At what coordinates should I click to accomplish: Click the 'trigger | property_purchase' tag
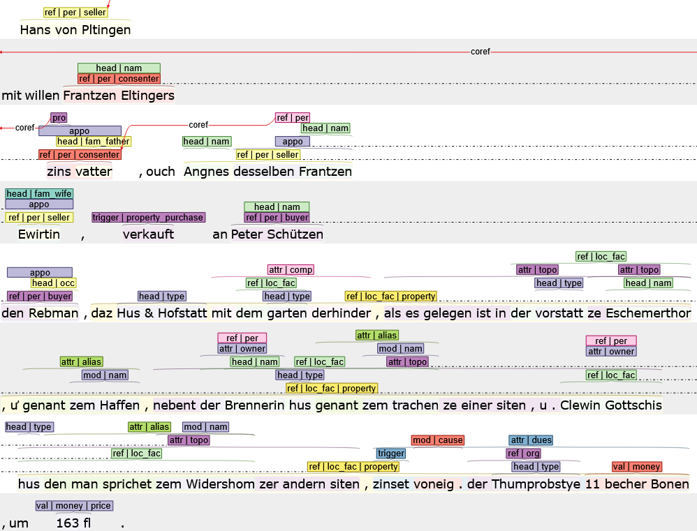click(x=148, y=218)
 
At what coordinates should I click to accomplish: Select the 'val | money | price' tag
click(x=73, y=506)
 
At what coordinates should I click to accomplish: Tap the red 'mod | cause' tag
click(x=437, y=440)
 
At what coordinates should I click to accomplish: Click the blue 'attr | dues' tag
click(x=531, y=440)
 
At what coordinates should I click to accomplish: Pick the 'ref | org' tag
click(x=523, y=454)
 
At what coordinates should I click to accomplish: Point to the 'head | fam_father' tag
click(x=94, y=142)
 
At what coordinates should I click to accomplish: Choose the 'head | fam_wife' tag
click(x=39, y=194)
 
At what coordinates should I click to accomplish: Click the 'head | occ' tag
click(x=53, y=283)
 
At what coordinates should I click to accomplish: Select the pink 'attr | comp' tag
click(x=291, y=270)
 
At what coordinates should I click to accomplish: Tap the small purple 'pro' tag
click(x=59, y=118)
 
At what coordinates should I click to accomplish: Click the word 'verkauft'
click(x=148, y=234)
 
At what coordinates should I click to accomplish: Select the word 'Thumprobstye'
click(x=536, y=484)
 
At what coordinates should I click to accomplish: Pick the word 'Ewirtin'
click(x=39, y=234)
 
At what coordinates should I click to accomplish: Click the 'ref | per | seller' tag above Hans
click(x=75, y=13)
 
